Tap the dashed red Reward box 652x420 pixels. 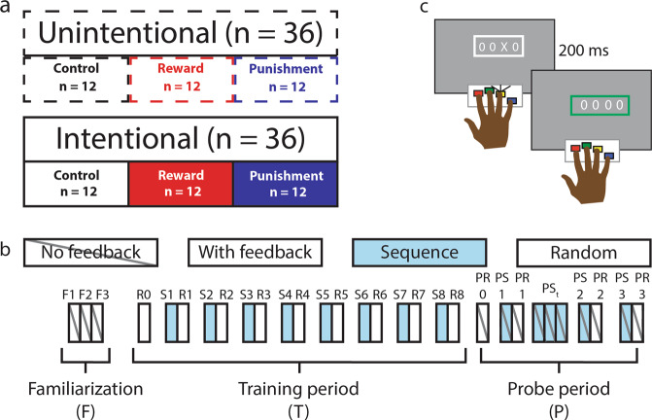[181, 79]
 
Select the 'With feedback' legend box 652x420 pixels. [254, 252]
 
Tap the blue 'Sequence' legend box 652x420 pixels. [420, 252]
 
